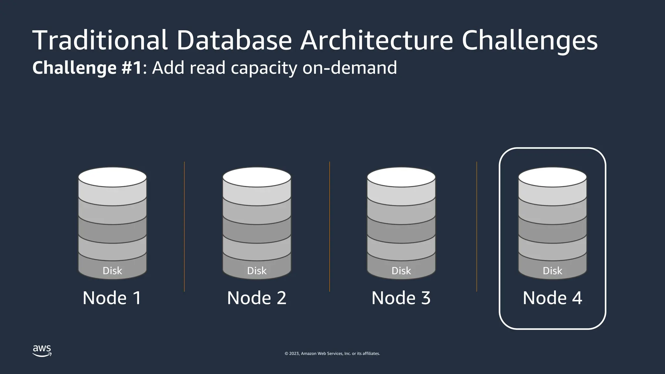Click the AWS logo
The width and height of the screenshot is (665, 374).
[42, 351]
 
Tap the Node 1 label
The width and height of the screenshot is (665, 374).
[112, 298]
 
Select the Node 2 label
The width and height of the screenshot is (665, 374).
[257, 298]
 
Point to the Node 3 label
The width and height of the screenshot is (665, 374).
[401, 298]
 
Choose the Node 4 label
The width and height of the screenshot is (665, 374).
[552, 298]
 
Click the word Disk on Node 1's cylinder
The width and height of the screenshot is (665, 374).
[112, 271]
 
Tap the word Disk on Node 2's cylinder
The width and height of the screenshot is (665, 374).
[257, 271]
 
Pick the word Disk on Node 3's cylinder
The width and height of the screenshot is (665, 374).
[401, 271]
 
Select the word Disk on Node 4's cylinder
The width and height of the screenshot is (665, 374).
[552, 271]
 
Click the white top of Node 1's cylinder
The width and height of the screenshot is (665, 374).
[112, 177]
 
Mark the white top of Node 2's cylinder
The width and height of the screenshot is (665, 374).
[257, 177]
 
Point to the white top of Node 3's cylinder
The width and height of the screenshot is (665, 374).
[401, 177]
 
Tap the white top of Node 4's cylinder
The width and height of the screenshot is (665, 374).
[552, 177]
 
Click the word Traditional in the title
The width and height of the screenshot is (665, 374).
[100, 40]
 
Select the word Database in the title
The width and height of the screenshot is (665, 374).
[234, 40]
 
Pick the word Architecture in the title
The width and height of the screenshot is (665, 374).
[376, 40]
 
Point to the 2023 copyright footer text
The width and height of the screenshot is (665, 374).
[332, 354]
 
